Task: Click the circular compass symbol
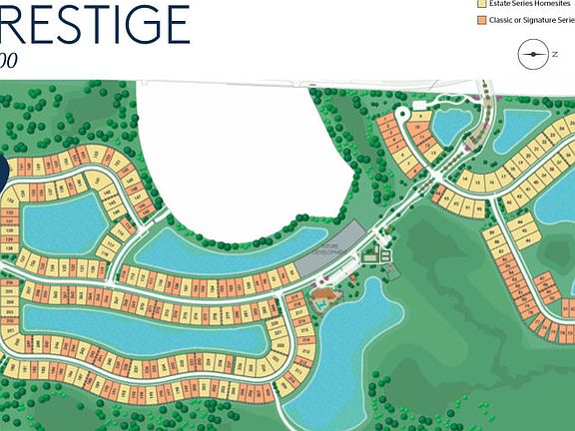[x=534, y=55]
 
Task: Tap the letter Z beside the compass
[x=556, y=55]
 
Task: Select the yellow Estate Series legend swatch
[x=481, y=3]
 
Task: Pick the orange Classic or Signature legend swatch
[x=481, y=20]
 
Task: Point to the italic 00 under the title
[x=8, y=60]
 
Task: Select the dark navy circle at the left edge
[x=3, y=170]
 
